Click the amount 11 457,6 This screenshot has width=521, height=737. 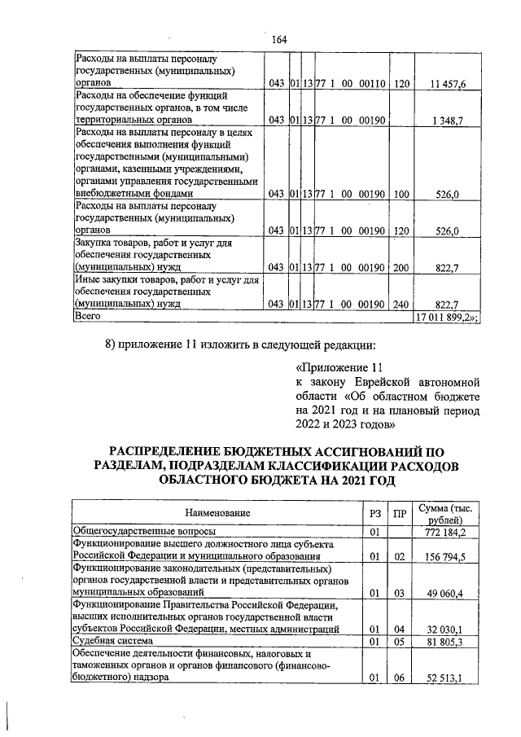click(448, 84)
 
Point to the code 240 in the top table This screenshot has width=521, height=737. click(400, 304)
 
